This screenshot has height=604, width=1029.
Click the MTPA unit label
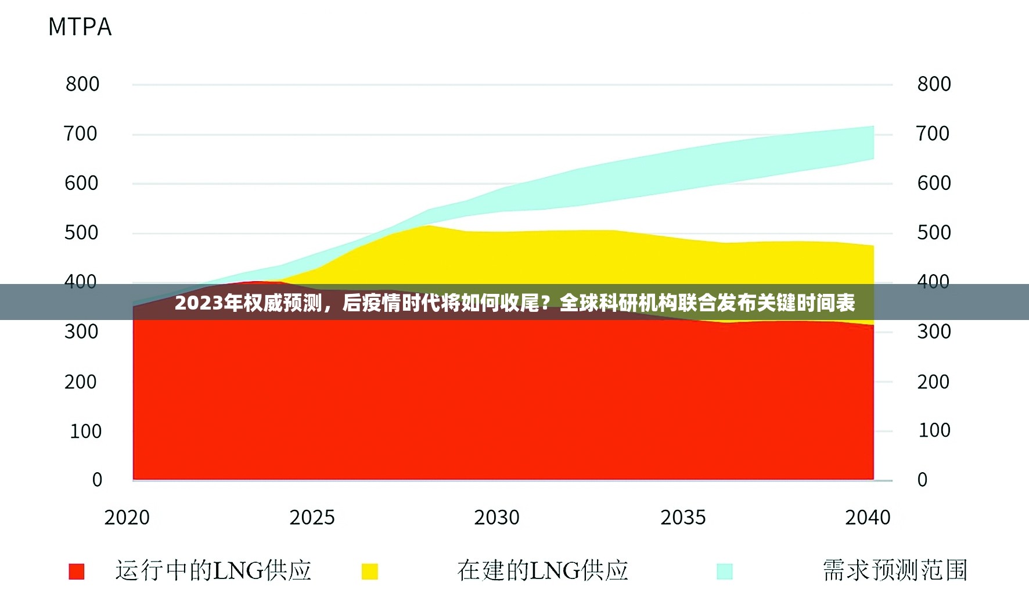[x=80, y=27]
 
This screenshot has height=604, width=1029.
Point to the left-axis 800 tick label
[x=82, y=84]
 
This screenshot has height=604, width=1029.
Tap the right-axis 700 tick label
[x=933, y=134]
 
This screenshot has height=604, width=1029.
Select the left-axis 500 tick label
[x=81, y=233]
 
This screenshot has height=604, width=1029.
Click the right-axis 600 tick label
[x=934, y=184]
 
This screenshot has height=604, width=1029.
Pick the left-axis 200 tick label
[x=81, y=382]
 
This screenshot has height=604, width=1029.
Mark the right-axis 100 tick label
[x=934, y=430]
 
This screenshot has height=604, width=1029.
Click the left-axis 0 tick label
[x=97, y=480]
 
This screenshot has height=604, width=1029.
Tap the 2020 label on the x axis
[x=127, y=517]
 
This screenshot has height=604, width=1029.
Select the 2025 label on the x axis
[x=312, y=517]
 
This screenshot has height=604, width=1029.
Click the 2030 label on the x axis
[x=496, y=517]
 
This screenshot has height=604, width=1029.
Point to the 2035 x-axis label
[x=683, y=517]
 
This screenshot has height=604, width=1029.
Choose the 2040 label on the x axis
[x=868, y=517]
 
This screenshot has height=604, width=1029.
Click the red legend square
[x=77, y=571]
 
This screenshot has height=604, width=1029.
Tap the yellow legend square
[x=369, y=571]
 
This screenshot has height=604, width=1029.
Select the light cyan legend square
[x=724, y=571]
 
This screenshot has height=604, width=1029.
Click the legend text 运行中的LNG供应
[x=213, y=570]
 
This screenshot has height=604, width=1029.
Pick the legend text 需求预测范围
[x=895, y=570]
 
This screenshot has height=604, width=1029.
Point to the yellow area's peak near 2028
[x=429, y=227]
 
